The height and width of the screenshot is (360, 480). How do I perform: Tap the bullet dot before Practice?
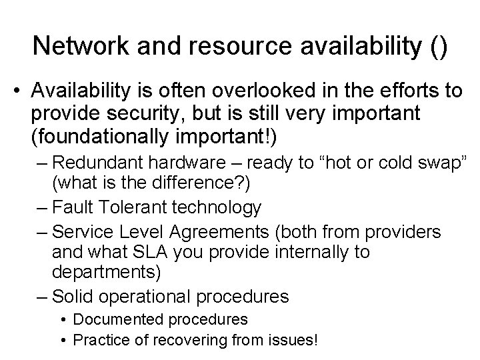[63, 340]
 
